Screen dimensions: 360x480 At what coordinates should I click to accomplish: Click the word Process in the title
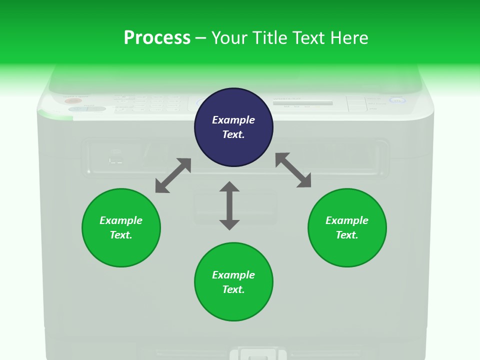pos(157,38)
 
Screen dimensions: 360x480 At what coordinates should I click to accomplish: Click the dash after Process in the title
pos(200,38)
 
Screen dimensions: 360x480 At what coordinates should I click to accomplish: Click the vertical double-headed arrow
pos(229,205)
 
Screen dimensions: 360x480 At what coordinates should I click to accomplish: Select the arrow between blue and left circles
pos(173,175)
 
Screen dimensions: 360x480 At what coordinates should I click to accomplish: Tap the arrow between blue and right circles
pos(293,170)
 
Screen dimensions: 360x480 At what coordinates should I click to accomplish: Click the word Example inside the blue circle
pos(233,120)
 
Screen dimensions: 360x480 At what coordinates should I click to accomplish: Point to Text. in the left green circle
pos(121,235)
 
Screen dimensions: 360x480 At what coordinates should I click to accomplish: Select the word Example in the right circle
pos(347,220)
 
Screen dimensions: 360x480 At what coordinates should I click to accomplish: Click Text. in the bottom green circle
pos(233,289)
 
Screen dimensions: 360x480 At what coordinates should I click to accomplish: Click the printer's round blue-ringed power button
pos(396,101)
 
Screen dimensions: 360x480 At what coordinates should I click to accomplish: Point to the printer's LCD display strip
pos(302,103)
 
